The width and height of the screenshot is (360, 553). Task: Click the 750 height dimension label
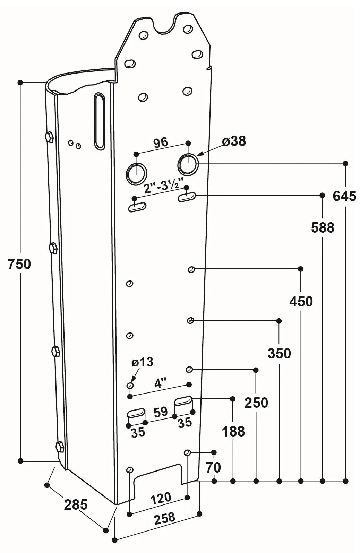coord(19,264)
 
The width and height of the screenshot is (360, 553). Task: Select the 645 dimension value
coord(344,196)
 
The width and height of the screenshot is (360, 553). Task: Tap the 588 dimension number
coord(323,228)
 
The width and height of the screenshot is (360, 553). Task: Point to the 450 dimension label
coord(301,302)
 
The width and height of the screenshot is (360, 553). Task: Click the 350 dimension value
coord(279,354)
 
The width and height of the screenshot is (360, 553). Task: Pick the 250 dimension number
coord(256,403)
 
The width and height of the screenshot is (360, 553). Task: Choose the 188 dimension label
coord(233,432)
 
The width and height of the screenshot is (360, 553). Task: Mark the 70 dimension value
coord(213,468)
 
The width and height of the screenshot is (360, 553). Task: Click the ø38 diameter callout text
coord(234,141)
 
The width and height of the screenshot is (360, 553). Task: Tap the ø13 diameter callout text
coord(142,362)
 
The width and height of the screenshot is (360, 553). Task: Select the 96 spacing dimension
coord(160,142)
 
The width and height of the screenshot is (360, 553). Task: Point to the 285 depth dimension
coord(76,504)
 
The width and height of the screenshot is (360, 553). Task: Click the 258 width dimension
coord(164,518)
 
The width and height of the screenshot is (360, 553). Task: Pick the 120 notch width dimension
coord(161,499)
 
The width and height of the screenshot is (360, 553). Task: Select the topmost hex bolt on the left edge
coord(49,137)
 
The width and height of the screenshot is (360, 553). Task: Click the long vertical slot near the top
coord(100,121)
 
